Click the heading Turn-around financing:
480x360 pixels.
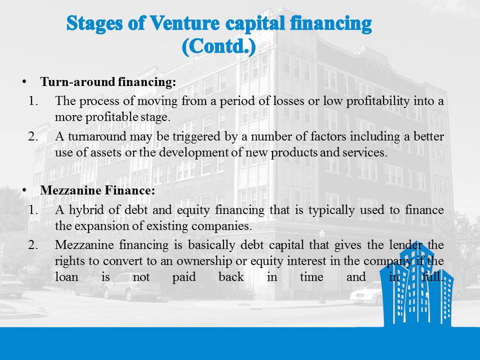(108, 82)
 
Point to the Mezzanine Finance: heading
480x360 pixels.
(97, 190)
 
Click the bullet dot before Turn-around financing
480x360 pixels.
(23, 82)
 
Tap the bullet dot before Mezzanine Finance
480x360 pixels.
(23, 190)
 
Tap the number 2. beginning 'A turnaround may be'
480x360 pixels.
(33, 136)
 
